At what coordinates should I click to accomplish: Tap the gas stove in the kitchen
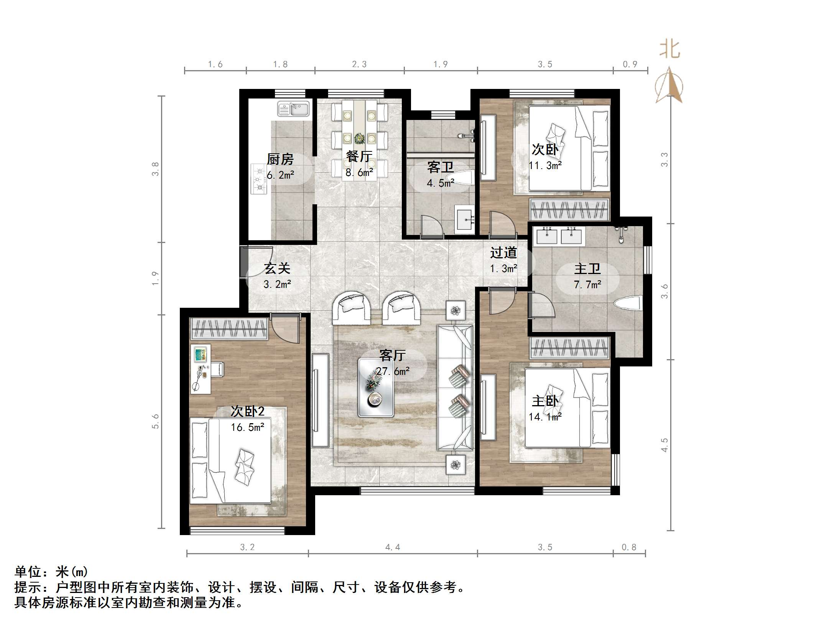(259, 179)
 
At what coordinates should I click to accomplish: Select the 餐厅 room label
(359, 156)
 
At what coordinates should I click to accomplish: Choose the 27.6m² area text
(393, 371)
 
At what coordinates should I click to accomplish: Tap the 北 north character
(670, 50)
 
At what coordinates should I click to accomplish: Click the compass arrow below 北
(669, 86)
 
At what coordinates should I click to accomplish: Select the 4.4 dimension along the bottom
(393, 547)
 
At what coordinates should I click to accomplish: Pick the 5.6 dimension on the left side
(155, 421)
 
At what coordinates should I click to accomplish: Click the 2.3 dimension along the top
(359, 64)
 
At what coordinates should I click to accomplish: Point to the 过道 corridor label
(503, 253)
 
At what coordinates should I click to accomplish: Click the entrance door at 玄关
(244, 262)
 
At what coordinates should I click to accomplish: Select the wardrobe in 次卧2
(229, 329)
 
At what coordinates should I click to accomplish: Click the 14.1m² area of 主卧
(545, 417)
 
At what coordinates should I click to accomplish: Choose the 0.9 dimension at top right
(630, 64)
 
